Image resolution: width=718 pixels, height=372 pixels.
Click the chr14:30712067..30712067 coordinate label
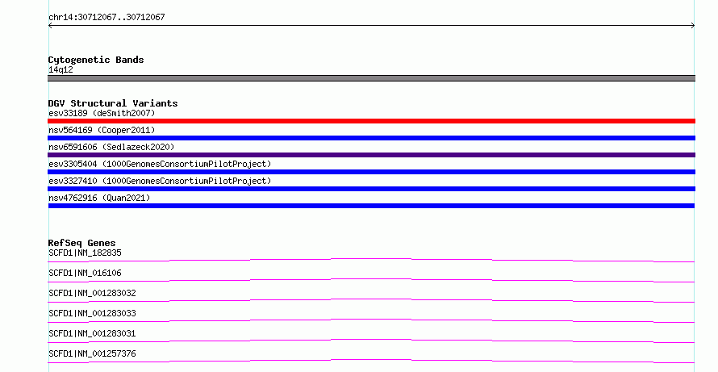(106, 18)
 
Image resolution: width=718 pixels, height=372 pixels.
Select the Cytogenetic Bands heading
(96, 60)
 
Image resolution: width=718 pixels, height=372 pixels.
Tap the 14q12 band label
(61, 69)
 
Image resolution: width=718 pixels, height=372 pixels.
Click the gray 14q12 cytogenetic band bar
(371, 78)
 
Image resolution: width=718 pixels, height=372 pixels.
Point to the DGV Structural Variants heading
(113, 103)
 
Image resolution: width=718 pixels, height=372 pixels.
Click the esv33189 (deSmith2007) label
(102, 113)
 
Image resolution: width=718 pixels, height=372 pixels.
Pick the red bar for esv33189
(371, 121)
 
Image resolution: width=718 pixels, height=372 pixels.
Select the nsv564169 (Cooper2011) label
(102, 130)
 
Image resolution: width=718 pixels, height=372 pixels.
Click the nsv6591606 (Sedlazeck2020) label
(111, 147)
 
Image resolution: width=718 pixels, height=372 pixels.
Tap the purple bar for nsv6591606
(371, 155)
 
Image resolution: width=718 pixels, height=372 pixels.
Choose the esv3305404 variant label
(160, 164)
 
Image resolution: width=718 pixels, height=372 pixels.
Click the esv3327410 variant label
(160, 181)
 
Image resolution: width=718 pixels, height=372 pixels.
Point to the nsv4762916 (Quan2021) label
(99, 198)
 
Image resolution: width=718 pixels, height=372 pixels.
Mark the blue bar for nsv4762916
(371, 206)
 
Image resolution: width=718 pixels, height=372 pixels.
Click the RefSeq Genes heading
(81, 243)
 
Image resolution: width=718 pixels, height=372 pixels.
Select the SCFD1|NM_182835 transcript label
(85, 253)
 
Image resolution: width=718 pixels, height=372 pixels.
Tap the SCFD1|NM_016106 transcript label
(85, 273)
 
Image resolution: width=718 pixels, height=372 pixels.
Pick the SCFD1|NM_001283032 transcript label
(92, 293)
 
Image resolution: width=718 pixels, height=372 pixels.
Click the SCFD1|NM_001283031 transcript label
(92, 333)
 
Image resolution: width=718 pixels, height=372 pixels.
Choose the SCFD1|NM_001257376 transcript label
(92, 353)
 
